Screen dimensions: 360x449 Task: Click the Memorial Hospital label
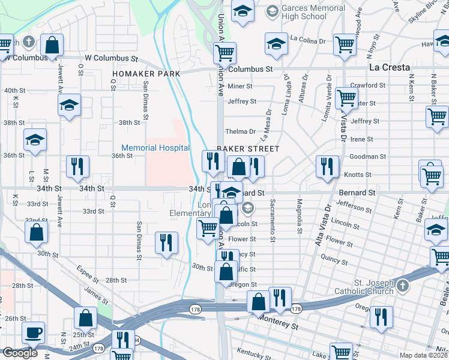(x=155, y=148)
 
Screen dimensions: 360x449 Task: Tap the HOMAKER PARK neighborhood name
(x=146, y=74)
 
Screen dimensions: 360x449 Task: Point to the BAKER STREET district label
(x=247, y=148)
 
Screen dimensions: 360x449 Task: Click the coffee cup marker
(x=33, y=333)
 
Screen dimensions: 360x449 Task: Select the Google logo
(x=20, y=352)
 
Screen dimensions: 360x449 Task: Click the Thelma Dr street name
(x=240, y=131)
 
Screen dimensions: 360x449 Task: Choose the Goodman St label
(x=367, y=157)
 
